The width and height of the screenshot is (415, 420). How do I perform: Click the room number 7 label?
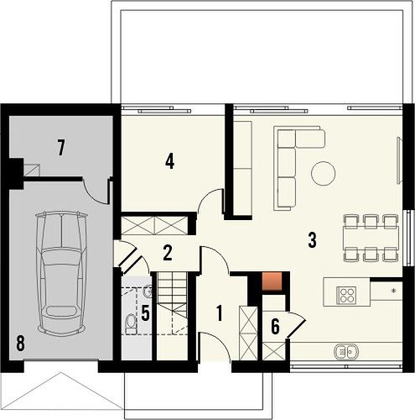(61, 148)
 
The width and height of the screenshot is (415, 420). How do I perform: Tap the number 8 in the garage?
(20, 344)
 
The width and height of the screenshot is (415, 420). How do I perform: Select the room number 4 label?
(169, 161)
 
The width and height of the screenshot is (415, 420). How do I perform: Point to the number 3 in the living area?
(312, 240)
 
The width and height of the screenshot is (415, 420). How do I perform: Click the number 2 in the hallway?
(167, 253)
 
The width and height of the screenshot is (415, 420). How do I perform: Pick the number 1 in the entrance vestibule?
(220, 313)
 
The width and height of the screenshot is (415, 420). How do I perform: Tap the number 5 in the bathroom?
(145, 312)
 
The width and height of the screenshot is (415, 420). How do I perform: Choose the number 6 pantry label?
(275, 327)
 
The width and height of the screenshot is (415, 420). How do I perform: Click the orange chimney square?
(272, 281)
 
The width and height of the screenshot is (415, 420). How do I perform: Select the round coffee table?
(323, 173)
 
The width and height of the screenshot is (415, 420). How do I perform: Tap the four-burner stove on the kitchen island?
(346, 296)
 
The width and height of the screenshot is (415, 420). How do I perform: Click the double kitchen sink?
(346, 351)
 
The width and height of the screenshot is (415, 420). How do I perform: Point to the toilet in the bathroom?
(131, 324)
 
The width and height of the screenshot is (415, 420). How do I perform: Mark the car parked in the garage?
(61, 271)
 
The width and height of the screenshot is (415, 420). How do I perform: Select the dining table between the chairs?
(371, 238)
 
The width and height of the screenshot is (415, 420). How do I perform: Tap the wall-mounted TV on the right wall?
(399, 160)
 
